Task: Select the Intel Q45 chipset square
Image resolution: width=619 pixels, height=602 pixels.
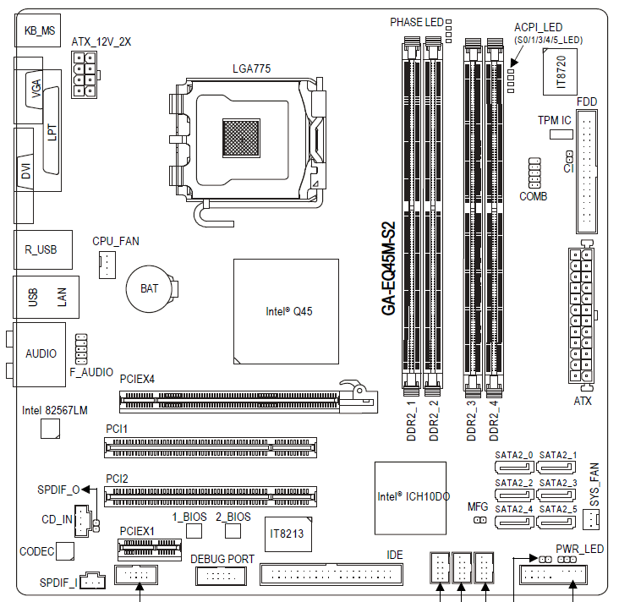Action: click(286, 311)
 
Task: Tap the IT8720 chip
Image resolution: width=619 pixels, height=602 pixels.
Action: click(560, 72)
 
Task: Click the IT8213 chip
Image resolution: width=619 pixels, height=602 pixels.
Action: click(288, 534)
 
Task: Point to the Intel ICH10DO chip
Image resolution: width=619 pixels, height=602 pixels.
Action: click(411, 498)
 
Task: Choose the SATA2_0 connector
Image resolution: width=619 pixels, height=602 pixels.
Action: click(514, 468)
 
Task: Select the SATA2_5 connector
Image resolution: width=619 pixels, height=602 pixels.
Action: click(556, 523)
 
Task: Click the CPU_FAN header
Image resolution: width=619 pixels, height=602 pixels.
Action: click(107, 265)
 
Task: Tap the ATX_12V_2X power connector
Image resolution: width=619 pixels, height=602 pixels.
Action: click(85, 75)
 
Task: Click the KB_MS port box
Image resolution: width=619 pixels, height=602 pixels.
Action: click(38, 30)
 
